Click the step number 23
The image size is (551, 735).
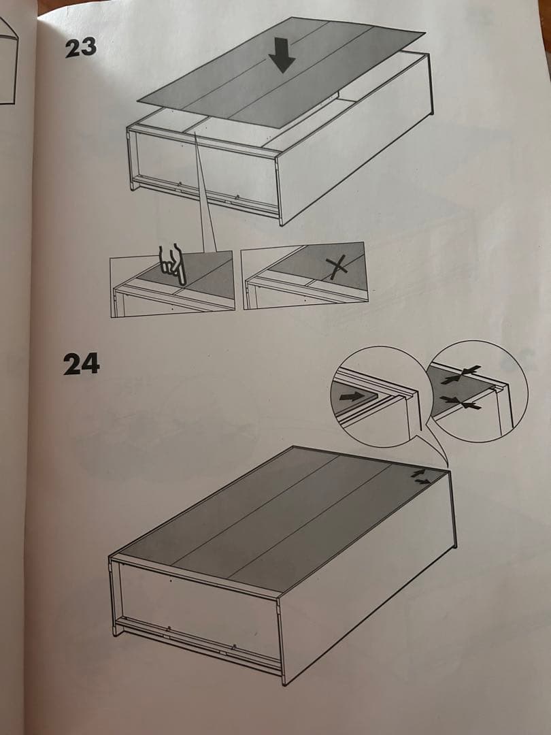pos(80,48)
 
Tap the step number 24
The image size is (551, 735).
pos(82,363)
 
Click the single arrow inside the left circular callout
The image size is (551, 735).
pos(352,397)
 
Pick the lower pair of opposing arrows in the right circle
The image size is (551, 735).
pos(461,402)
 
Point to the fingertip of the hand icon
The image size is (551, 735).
pos(182,284)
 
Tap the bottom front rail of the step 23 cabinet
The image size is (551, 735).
pos(206,195)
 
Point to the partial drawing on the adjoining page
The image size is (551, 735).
pos(8,61)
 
